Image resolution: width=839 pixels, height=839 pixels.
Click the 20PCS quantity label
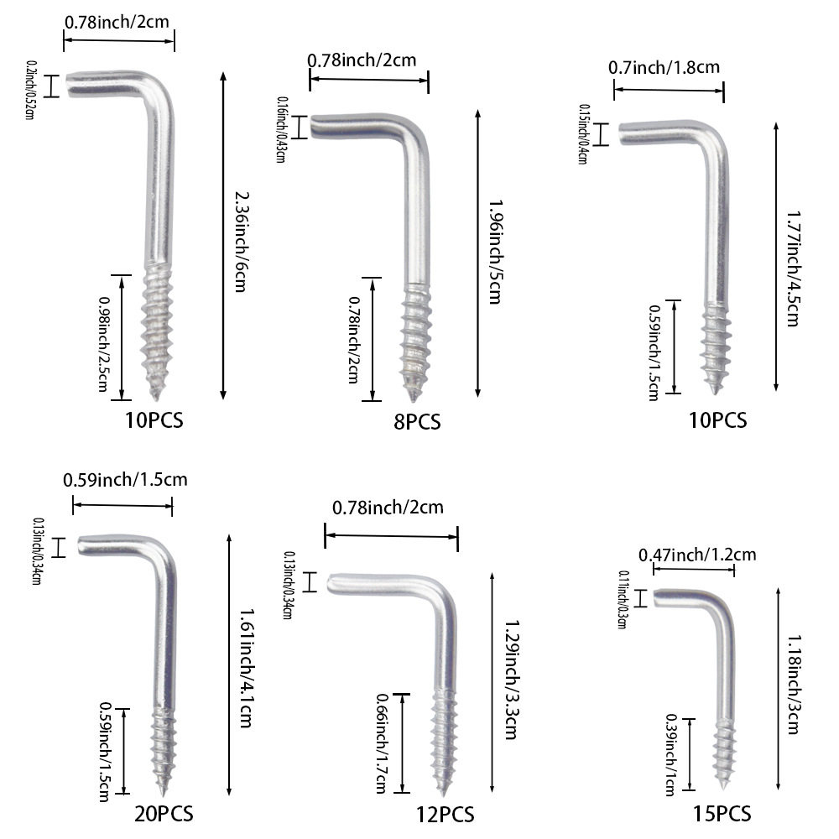pyautogui.click(x=164, y=814)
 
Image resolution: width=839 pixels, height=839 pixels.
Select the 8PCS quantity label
pyautogui.click(x=417, y=422)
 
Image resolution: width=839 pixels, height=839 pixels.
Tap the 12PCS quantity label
pyautogui.click(x=446, y=815)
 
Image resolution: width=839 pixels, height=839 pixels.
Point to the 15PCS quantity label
pyautogui.click(x=722, y=814)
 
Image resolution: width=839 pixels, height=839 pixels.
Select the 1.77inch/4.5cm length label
pyautogui.click(x=794, y=268)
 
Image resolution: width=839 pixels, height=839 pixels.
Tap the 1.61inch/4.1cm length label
pyautogui.click(x=246, y=667)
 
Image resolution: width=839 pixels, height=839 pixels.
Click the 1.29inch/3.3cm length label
pyautogui.click(x=513, y=680)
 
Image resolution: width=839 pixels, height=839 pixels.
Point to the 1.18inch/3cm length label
pyautogui.click(x=795, y=685)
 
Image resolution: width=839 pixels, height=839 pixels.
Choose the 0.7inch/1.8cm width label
pyautogui.click(x=664, y=68)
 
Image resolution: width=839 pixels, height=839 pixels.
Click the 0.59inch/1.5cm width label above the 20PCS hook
pyautogui.click(x=125, y=479)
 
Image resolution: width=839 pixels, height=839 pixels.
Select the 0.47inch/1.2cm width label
pyautogui.click(x=698, y=555)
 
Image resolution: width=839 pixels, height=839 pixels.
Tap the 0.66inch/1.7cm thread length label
pyautogui.click(x=382, y=743)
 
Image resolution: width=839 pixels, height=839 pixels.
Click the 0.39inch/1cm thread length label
pyautogui.click(x=670, y=754)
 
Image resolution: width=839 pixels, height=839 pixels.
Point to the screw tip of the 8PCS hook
pyautogui.click(x=413, y=399)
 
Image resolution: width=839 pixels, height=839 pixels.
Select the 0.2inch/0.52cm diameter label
pyautogui.click(x=30, y=90)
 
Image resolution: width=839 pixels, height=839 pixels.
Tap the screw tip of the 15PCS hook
pyautogui.click(x=723, y=787)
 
